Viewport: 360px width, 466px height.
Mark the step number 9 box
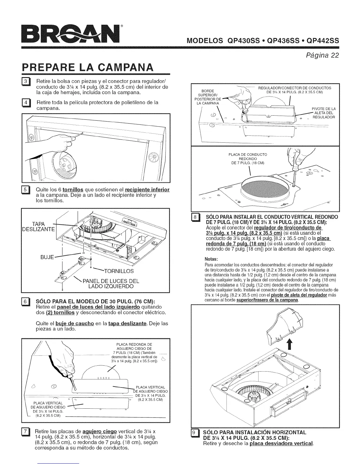coord(195,433)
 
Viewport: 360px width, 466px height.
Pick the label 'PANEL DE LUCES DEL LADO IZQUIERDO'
coord(111,284)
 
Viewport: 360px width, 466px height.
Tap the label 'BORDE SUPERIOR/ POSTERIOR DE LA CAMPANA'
coord(207,97)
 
